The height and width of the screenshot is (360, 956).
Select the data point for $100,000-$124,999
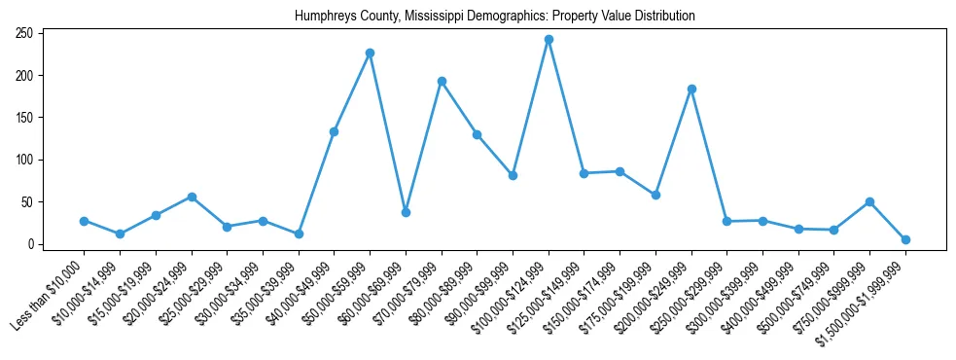(x=549, y=40)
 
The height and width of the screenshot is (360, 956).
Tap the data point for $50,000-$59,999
(x=370, y=54)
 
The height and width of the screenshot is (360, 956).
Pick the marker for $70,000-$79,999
(x=442, y=82)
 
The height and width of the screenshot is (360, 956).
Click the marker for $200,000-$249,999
(x=691, y=90)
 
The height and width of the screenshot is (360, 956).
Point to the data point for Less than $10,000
(x=84, y=221)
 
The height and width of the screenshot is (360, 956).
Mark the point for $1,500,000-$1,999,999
(x=905, y=239)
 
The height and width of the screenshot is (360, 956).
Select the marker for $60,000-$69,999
(x=406, y=212)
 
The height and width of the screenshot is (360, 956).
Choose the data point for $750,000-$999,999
(x=869, y=202)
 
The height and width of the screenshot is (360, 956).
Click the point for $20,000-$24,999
(x=192, y=198)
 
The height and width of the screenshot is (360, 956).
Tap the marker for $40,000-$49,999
(x=334, y=131)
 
